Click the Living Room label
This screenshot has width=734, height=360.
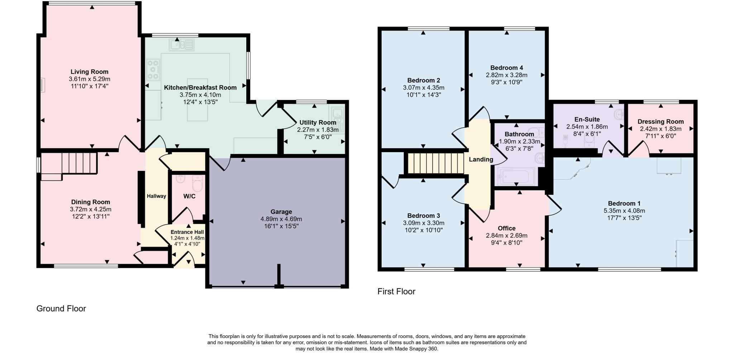pyautogui.click(x=89, y=72)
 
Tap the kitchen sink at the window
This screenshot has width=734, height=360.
pyautogui.click(x=182, y=45)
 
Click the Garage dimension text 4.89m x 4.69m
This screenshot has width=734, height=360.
pyautogui.click(x=281, y=219)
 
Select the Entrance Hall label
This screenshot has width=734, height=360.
pyautogui.click(x=187, y=232)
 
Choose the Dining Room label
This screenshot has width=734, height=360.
pyautogui.click(x=90, y=202)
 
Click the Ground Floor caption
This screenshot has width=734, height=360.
pyautogui.click(x=61, y=308)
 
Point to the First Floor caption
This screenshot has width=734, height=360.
pyautogui.click(x=396, y=291)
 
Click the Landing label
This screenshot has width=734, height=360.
pyautogui.click(x=481, y=159)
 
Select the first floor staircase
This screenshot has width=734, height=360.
pyautogui.click(x=435, y=163)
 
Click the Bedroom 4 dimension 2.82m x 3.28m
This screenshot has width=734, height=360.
pyautogui.click(x=506, y=75)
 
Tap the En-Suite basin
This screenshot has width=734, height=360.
pyautogui.click(x=619, y=115)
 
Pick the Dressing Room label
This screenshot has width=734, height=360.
pyautogui.click(x=660, y=121)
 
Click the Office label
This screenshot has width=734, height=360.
pyautogui.click(x=506, y=228)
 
